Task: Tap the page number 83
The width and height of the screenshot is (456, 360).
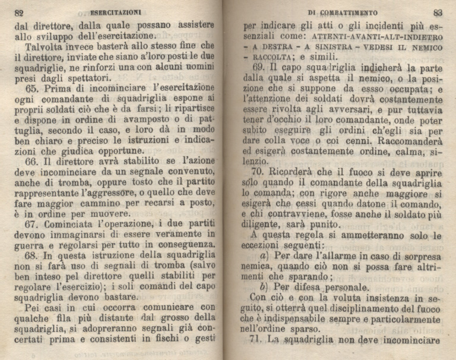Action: tap(438, 11)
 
